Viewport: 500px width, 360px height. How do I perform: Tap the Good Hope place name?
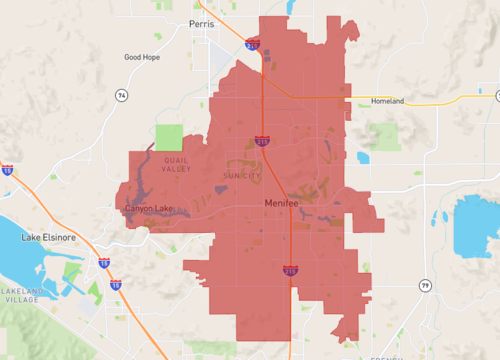(x=141, y=57)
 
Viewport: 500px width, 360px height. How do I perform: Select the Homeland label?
(x=387, y=101)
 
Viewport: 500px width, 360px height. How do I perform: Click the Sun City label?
(x=240, y=175)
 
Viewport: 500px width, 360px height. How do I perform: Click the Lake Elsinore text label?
(x=50, y=238)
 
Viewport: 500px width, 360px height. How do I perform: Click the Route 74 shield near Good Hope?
(x=121, y=95)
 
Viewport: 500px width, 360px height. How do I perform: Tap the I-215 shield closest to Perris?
(x=253, y=45)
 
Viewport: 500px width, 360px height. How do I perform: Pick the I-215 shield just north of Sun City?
(x=261, y=141)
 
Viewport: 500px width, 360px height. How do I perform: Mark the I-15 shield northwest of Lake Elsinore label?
(x=7, y=171)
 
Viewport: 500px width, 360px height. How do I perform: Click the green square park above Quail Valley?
(x=169, y=137)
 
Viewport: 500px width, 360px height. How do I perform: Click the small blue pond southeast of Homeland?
(x=363, y=157)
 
